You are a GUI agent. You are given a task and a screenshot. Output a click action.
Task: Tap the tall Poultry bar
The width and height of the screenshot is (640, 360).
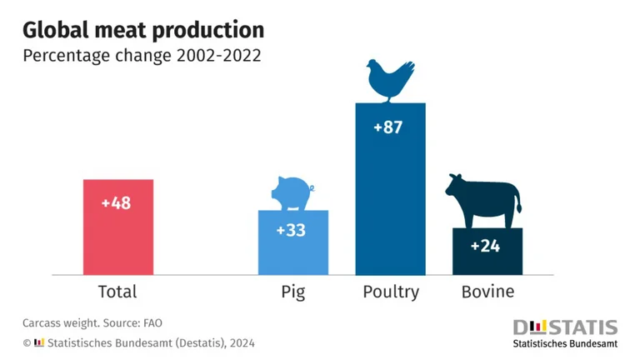(x=390, y=208)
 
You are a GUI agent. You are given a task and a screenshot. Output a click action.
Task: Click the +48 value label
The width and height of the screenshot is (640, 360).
(x=117, y=203)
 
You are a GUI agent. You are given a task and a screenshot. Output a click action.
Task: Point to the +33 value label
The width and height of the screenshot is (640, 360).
(x=291, y=230)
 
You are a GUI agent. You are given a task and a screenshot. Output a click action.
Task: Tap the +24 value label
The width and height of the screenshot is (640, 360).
(x=486, y=246)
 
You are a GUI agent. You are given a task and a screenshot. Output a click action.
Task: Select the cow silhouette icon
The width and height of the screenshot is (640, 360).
(x=482, y=201)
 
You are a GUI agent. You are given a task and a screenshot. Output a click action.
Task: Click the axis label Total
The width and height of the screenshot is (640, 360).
(x=117, y=292)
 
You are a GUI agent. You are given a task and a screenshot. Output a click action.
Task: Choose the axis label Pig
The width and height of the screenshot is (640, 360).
(x=292, y=292)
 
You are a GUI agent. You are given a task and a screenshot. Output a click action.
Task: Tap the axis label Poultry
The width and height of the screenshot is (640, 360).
(x=391, y=292)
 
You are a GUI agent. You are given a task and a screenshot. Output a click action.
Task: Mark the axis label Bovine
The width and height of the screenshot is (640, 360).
(x=488, y=292)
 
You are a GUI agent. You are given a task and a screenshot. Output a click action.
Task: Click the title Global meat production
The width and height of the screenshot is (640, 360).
(x=143, y=30)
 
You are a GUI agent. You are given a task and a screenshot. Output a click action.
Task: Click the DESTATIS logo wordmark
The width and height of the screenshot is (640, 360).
(x=565, y=327)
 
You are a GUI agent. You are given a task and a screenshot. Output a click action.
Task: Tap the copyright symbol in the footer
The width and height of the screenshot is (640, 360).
(x=27, y=342)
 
